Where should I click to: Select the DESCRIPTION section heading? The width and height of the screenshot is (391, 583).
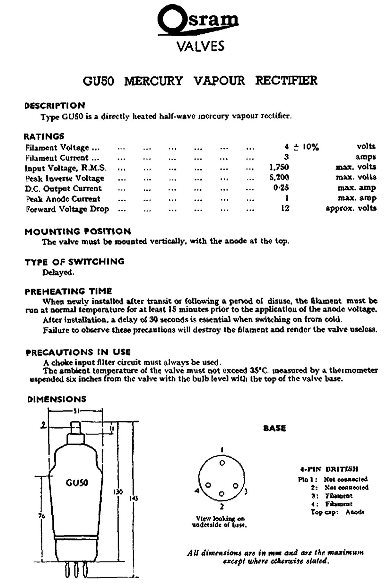(x=55, y=106)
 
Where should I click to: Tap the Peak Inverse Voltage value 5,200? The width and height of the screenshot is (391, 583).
(x=279, y=177)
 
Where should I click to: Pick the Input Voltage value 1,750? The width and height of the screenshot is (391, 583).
(x=279, y=167)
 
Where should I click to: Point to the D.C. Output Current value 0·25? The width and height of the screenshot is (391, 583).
(x=281, y=187)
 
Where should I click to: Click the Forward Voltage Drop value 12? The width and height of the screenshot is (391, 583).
(x=285, y=208)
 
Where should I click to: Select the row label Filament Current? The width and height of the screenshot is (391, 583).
(x=62, y=158)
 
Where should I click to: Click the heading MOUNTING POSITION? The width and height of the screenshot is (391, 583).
(x=78, y=231)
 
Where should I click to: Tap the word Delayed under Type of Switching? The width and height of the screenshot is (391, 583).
(x=58, y=273)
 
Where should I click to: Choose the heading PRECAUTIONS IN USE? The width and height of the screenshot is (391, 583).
(x=78, y=352)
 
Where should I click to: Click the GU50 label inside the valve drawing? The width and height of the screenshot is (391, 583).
(x=77, y=483)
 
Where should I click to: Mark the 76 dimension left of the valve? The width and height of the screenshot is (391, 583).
(x=42, y=516)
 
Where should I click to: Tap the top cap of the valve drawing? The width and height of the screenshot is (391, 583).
(x=76, y=427)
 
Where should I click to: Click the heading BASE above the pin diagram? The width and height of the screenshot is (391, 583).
(x=274, y=428)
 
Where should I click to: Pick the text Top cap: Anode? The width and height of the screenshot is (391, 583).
(x=337, y=512)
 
